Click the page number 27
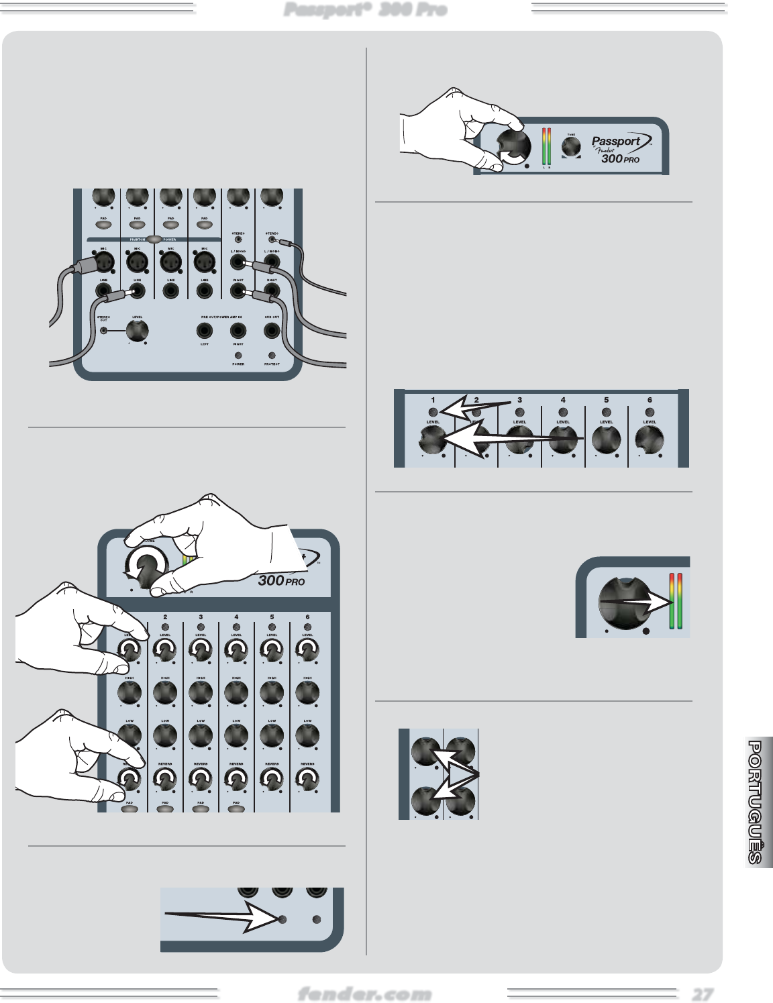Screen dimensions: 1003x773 [x=703, y=994]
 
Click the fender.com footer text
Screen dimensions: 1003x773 [x=364, y=994]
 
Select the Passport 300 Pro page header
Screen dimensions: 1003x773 [x=365, y=9]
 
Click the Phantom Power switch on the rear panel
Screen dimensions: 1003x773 [x=154, y=239]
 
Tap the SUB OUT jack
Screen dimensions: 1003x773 [x=272, y=330]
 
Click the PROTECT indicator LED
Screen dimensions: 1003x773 [x=272, y=356]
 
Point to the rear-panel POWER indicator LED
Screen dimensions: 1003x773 [x=238, y=356]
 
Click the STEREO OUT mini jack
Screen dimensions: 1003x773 [x=103, y=329]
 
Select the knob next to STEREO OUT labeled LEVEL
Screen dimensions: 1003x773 [x=137, y=330]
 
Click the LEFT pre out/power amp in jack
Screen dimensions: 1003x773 [x=204, y=330]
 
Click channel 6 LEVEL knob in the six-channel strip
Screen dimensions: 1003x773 [x=650, y=440]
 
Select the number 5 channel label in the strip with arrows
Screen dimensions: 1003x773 [x=606, y=400]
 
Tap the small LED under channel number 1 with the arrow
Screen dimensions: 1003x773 [x=433, y=412]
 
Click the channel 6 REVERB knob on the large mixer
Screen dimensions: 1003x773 [x=307, y=779]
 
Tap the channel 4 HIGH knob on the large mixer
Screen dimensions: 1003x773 [x=236, y=692]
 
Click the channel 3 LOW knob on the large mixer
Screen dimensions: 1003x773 [x=201, y=735]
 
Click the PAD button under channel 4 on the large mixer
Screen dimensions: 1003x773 [x=236, y=809]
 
